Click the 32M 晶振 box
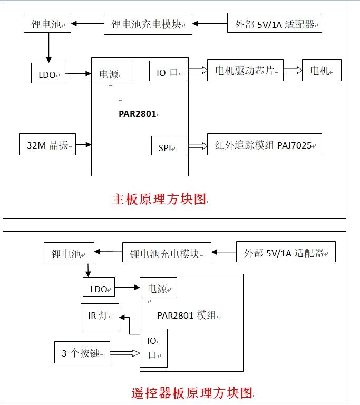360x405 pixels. point(47,144)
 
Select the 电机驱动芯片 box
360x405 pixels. point(245,71)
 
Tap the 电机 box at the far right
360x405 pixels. point(322,71)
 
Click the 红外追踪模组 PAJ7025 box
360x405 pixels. point(264,144)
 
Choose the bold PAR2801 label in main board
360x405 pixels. point(138,114)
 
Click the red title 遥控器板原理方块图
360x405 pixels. point(192,393)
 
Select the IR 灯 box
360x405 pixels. point(100,317)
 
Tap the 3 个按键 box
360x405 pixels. point(82,352)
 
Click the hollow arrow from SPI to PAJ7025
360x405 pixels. point(198,146)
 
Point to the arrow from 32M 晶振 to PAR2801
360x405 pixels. point(83,144)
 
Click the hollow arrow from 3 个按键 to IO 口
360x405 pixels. point(124,352)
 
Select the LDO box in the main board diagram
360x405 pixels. point(48,74)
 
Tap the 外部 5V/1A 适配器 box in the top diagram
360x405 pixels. point(274,24)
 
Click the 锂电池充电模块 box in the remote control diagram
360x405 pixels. point(167,252)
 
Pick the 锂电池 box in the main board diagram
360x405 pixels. point(48,24)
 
